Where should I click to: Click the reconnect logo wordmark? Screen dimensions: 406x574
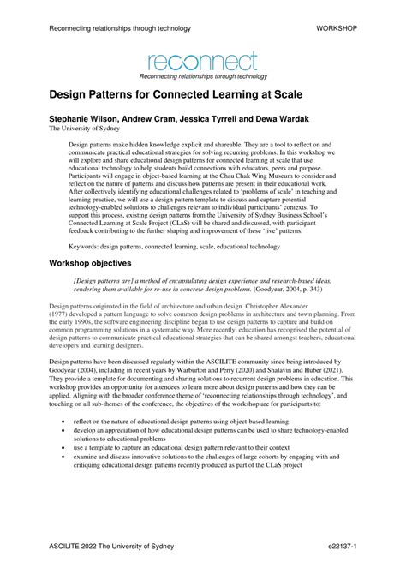pyautogui.click(x=202, y=61)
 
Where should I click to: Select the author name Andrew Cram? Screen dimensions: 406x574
pyautogui.click(x=164, y=119)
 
